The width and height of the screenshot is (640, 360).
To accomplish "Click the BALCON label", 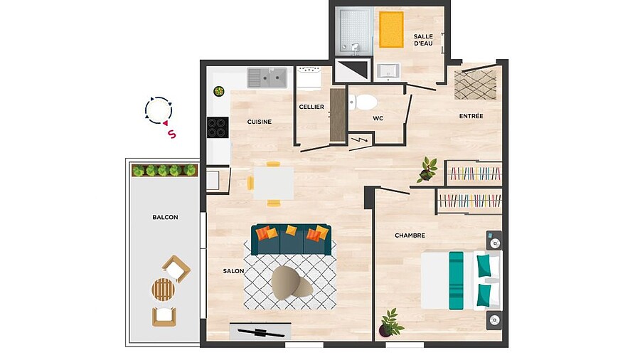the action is click(x=165, y=217).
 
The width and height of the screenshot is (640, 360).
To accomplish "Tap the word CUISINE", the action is click(x=259, y=122).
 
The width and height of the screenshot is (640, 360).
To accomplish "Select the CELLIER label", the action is click(x=311, y=107).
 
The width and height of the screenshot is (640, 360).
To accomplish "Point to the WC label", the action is click(x=378, y=118).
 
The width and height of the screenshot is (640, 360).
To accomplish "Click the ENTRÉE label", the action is click(x=471, y=116).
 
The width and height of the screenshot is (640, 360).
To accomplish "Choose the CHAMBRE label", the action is click(x=410, y=235).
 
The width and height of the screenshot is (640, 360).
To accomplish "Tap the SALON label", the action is click(x=233, y=271).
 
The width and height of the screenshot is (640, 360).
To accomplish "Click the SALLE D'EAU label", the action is click(x=423, y=40).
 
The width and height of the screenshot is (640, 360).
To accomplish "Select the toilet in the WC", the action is click(x=363, y=102).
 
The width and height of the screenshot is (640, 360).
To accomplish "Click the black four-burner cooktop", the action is click(x=218, y=127).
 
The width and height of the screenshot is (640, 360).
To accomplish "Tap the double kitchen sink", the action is click(x=267, y=78).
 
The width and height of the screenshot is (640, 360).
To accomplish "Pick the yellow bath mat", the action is click(x=391, y=29).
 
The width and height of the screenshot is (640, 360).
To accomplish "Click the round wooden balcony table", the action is click(x=164, y=290).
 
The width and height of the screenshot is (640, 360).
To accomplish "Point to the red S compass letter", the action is click(x=172, y=134).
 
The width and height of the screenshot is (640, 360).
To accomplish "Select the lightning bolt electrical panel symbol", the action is click(x=360, y=140).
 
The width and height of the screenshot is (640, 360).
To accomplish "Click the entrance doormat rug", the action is click(x=476, y=85).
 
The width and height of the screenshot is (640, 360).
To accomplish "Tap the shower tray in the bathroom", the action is click(x=354, y=31).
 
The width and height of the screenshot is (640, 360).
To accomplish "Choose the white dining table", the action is click(x=273, y=184).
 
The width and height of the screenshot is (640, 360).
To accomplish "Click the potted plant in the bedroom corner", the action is click(x=391, y=323).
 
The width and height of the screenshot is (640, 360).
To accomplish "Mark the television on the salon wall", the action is click(x=260, y=332).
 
